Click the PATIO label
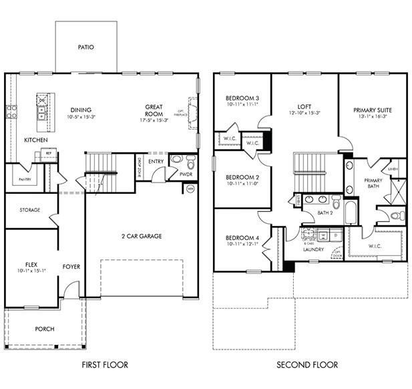pos(85,47)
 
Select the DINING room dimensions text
pos(81,118)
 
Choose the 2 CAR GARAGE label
pos(141,236)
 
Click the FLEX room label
pos(31,264)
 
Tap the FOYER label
pos(71,267)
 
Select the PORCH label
pos(45,329)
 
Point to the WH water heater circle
pos(190,188)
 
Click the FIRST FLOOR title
pos(105,365)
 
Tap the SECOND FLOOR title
pos(308,365)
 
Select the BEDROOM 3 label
pos(242,98)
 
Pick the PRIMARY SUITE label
pos(373,110)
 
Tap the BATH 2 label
pos(325,213)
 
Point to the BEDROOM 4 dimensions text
pos(242,244)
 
